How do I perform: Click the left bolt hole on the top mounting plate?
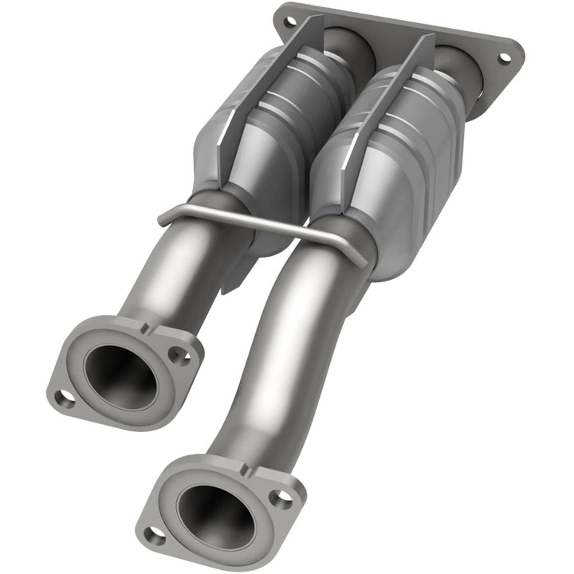pyautogui.click(x=284, y=14)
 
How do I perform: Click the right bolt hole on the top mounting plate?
pyautogui.click(x=503, y=58)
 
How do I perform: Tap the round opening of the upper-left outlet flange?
pyautogui.click(x=120, y=374)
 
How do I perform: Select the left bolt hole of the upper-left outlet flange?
pyautogui.click(x=63, y=396)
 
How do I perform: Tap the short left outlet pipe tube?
pyautogui.click(x=171, y=279)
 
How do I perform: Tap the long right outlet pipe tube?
pyautogui.click(x=279, y=359)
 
